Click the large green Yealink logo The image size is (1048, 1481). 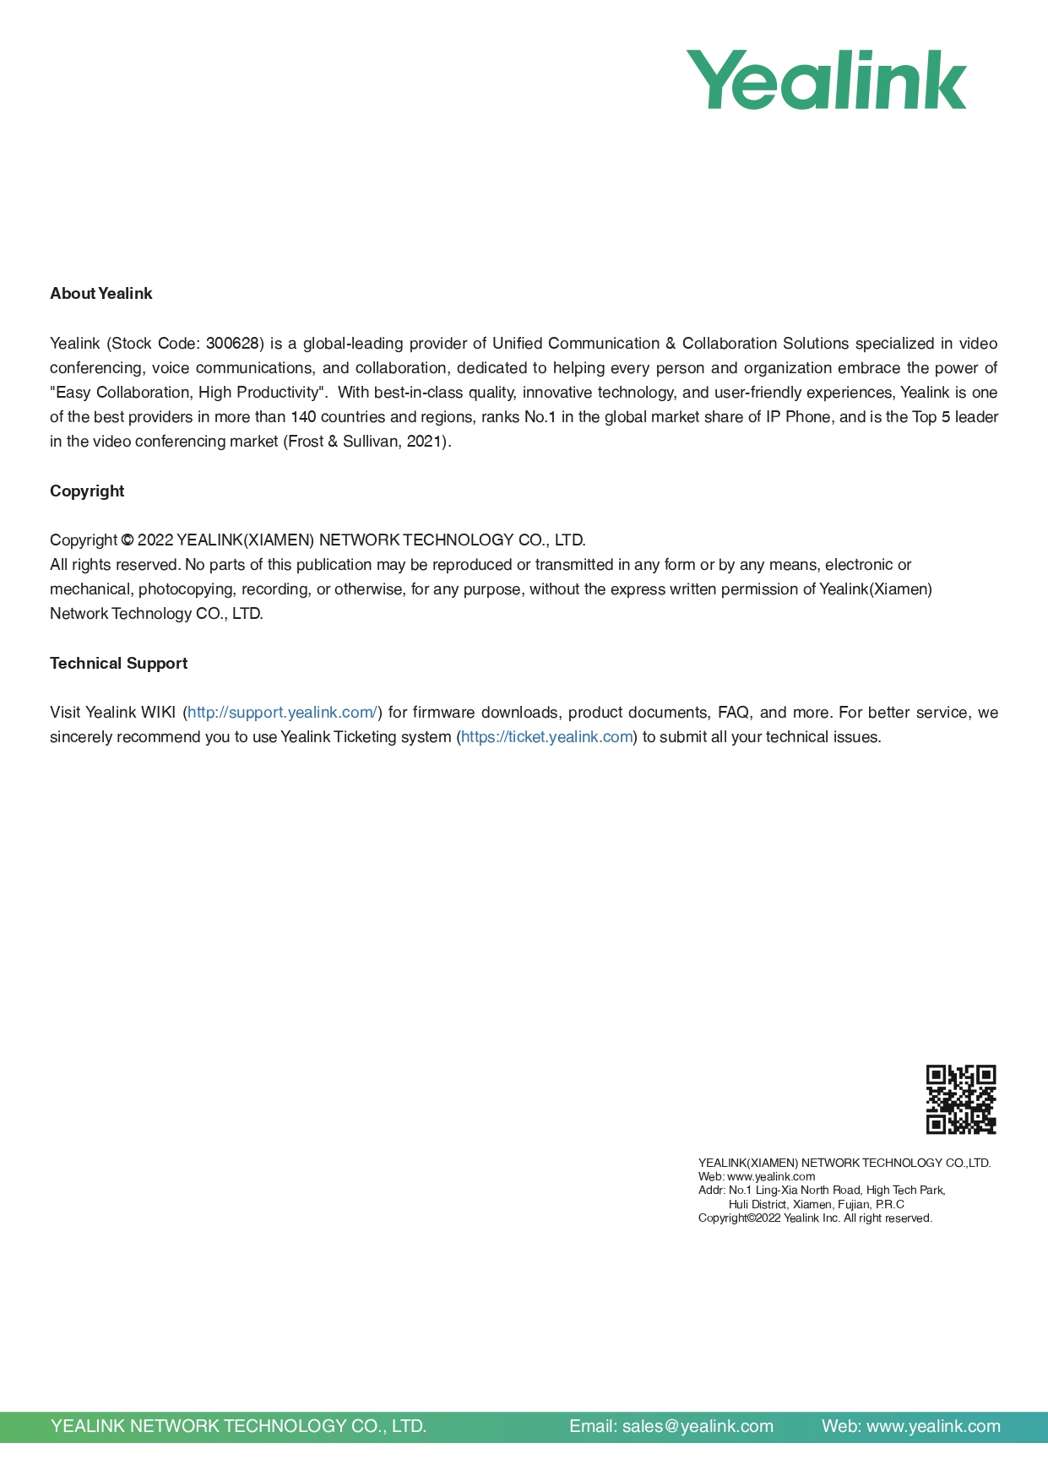tap(825, 80)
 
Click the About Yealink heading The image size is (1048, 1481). tap(100, 294)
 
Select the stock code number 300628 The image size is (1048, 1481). tap(232, 344)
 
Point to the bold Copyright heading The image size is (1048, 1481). tap(87, 491)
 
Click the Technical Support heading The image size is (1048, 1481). tap(118, 664)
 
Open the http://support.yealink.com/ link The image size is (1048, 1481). tap(282, 713)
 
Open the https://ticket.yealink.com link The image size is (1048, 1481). tap(546, 737)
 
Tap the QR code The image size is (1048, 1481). tap(961, 1099)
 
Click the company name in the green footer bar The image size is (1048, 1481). tap(238, 1426)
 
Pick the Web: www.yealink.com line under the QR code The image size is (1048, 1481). tap(757, 1176)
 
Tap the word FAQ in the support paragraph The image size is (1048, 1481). tap(734, 713)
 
